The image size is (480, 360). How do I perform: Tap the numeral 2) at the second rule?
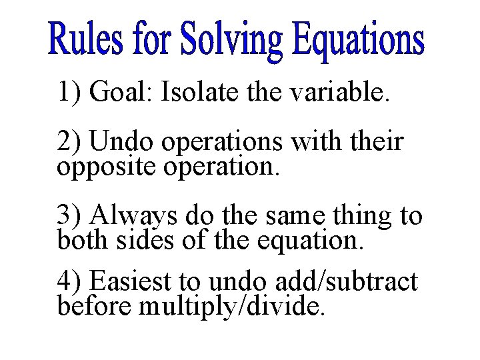(x=69, y=142)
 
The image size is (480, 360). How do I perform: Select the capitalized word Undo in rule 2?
(x=117, y=142)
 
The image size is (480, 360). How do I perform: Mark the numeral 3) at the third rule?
(x=69, y=216)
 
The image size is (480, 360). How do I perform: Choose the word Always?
(x=133, y=217)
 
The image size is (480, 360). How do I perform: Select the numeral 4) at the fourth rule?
(x=69, y=282)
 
